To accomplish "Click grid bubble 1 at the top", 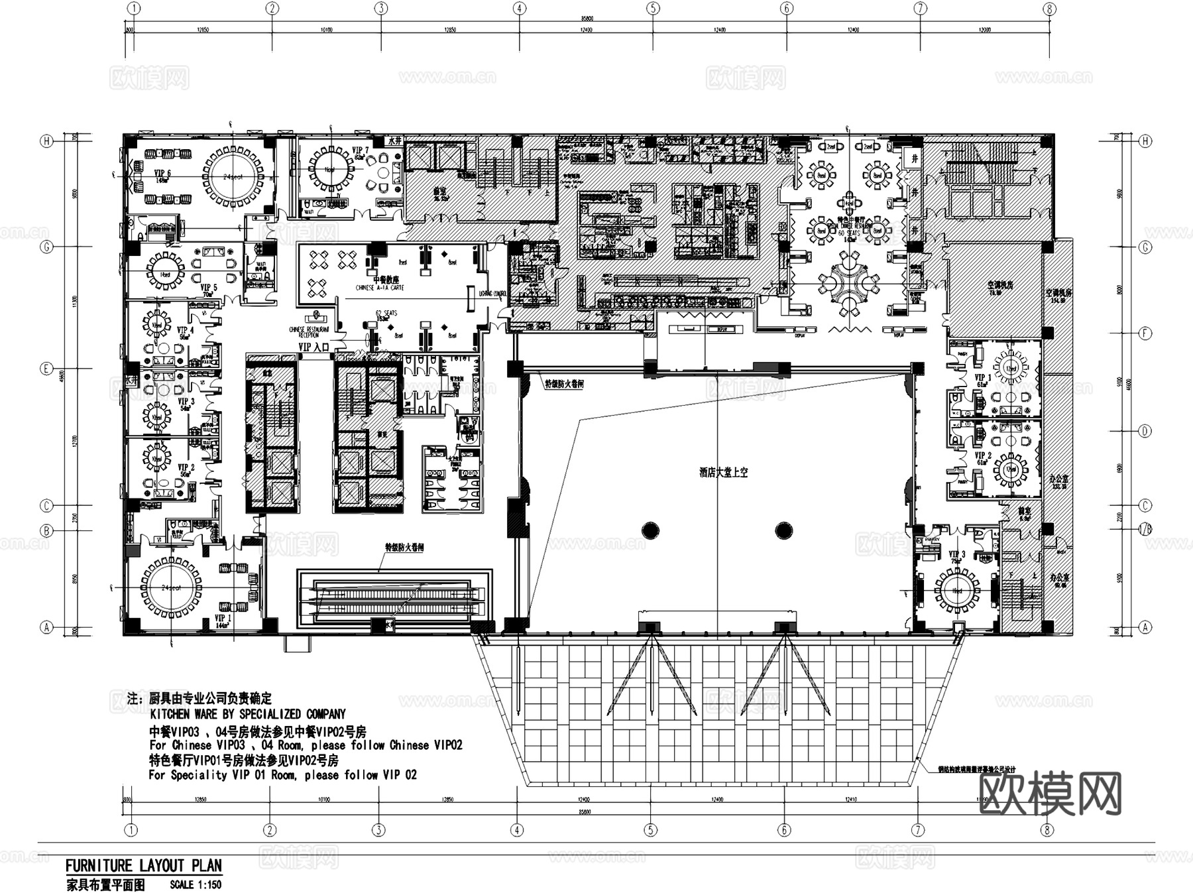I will (x=134, y=9).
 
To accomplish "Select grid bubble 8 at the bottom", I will (x=1047, y=829).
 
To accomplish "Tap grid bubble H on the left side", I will (x=46, y=141).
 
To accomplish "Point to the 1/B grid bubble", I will (x=1145, y=530).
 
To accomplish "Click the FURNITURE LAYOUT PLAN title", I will (x=143, y=865).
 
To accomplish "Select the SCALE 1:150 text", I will (x=196, y=884).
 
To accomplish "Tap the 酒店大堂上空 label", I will (x=723, y=473).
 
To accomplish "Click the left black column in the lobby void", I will (x=650, y=530).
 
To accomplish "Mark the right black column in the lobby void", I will (x=783, y=530).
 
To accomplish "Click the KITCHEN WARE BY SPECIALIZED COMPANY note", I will (x=247, y=714).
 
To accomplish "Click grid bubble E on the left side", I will (x=46, y=369).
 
